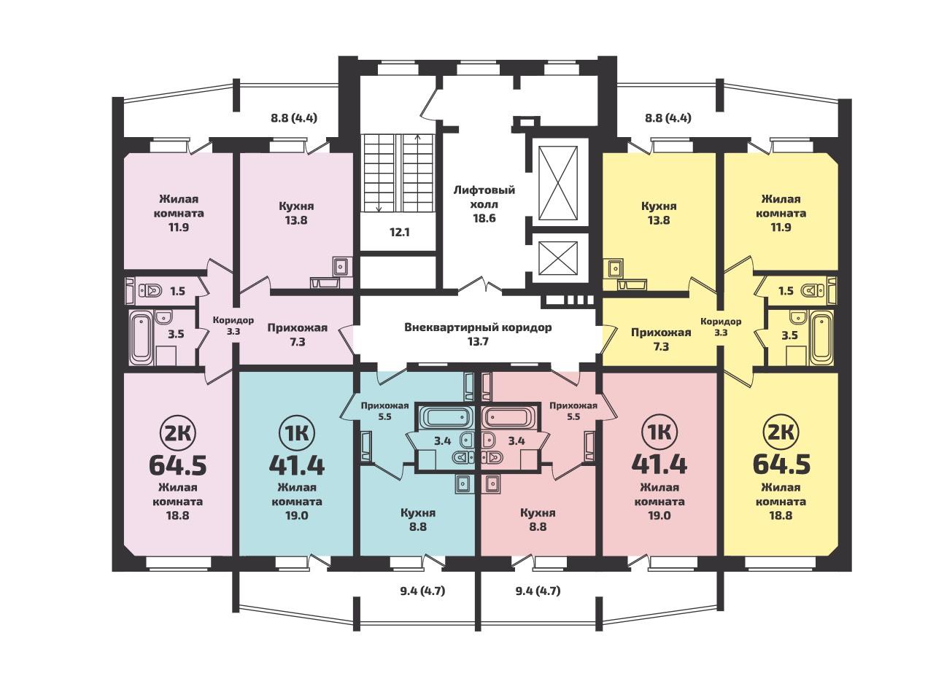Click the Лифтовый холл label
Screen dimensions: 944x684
pyautogui.click(x=484, y=204)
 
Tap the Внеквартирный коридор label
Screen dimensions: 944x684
pyautogui.click(x=478, y=334)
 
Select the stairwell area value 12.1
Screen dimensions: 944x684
pyautogui.click(x=400, y=232)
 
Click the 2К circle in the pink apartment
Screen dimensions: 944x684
pyautogui.click(x=176, y=434)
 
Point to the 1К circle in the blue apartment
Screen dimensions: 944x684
pyautogui.click(x=296, y=434)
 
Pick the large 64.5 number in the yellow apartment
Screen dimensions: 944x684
pyautogui.click(x=781, y=464)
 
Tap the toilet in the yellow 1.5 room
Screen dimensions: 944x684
pyautogui.click(x=813, y=290)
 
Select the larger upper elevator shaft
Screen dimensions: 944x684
pyautogui.click(x=558, y=183)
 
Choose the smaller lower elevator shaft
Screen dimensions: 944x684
pyautogui.click(x=558, y=257)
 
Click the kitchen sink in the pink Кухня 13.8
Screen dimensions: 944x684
pyautogui.click(x=341, y=266)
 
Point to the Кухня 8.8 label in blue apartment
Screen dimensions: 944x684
pyautogui.click(x=417, y=520)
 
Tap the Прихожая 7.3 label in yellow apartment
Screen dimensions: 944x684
pyautogui.click(x=661, y=340)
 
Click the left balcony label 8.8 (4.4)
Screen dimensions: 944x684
pyautogui.click(x=294, y=118)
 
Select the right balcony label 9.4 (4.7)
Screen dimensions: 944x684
pyautogui.click(x=538, y=591)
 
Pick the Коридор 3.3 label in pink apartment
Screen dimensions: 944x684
pyautogui.click(x=233, y=325)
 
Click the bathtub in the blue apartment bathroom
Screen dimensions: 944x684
pyautogui.click(x=446, y=417)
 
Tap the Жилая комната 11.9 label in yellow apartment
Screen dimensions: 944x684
pyautogui.click(x=781, y=213)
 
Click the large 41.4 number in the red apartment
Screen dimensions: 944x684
pyautogui.click(x=659, y=464)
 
